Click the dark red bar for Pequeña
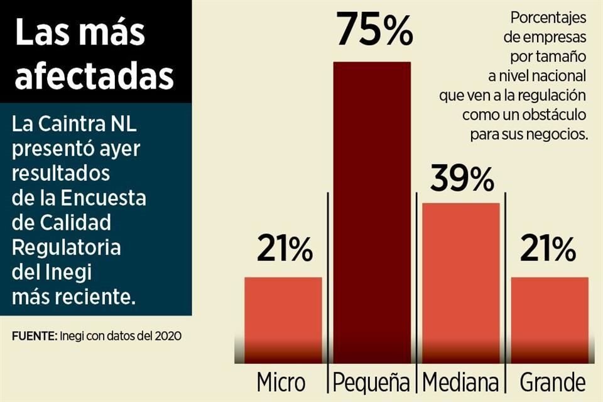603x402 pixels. (x=372, y=207)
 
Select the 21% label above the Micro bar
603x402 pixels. (x=285, y=251)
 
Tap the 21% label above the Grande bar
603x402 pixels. (x=548, y=251)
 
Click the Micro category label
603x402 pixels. (x=281, y=382)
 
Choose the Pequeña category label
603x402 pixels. (x=372, y=382)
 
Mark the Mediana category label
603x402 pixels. (x=460, y=382)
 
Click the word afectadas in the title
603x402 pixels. (x=94, y=76)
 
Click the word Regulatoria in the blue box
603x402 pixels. (x=66, y=247)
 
